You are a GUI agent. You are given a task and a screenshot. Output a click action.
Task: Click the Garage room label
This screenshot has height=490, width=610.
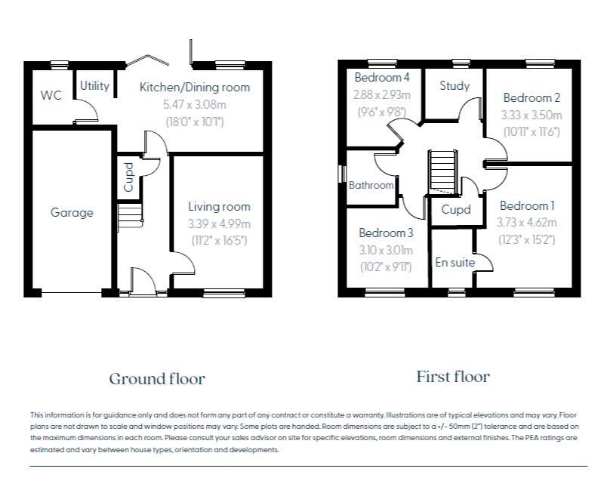[x=72, y=212]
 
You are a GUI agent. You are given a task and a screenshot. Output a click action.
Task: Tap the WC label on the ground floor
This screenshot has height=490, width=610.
[x=51, y=95]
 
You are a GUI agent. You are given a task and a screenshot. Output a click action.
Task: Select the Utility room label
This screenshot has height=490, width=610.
[x=94, y=85]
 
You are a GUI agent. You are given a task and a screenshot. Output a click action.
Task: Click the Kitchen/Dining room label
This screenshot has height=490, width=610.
[x=195, y=87]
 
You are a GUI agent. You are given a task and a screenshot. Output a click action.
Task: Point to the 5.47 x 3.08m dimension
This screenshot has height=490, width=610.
[x=195, y=104]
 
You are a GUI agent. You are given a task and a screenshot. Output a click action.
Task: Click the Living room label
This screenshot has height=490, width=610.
[x=220, y=207]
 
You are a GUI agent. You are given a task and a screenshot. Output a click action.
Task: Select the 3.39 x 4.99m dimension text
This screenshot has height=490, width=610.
[x=220, y=223]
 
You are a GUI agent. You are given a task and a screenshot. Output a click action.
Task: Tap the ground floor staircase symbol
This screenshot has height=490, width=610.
[x=130, y=216]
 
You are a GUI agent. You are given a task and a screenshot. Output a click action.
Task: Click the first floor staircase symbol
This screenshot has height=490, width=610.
[x=442, y=171]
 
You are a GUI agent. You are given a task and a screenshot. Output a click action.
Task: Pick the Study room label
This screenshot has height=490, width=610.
[x=454, y=85]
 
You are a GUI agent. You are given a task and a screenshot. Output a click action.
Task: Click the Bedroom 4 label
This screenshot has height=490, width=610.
[x=382, y=78]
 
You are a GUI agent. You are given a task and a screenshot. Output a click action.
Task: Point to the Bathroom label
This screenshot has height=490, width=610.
[x=371, y=185]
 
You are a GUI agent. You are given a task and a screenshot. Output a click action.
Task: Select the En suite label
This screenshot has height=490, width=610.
[x=454, y=262]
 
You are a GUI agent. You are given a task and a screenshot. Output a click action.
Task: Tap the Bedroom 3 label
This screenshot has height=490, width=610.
[x=386, y=233]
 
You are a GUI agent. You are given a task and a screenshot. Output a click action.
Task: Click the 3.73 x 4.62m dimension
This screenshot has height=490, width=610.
[x=527, y=222]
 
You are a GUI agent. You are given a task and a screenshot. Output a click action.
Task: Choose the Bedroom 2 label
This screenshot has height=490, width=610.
[x=531, y=97]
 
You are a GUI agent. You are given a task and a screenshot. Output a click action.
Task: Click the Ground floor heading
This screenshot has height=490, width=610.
[x=157, y=379]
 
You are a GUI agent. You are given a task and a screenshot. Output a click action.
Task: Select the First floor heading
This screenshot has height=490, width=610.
[x=453, y=377]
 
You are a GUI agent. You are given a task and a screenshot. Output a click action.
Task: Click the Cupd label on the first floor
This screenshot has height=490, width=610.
[x=456, y=210]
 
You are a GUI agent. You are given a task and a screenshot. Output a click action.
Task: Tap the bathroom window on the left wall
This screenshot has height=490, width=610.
[x=343, y=174]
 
